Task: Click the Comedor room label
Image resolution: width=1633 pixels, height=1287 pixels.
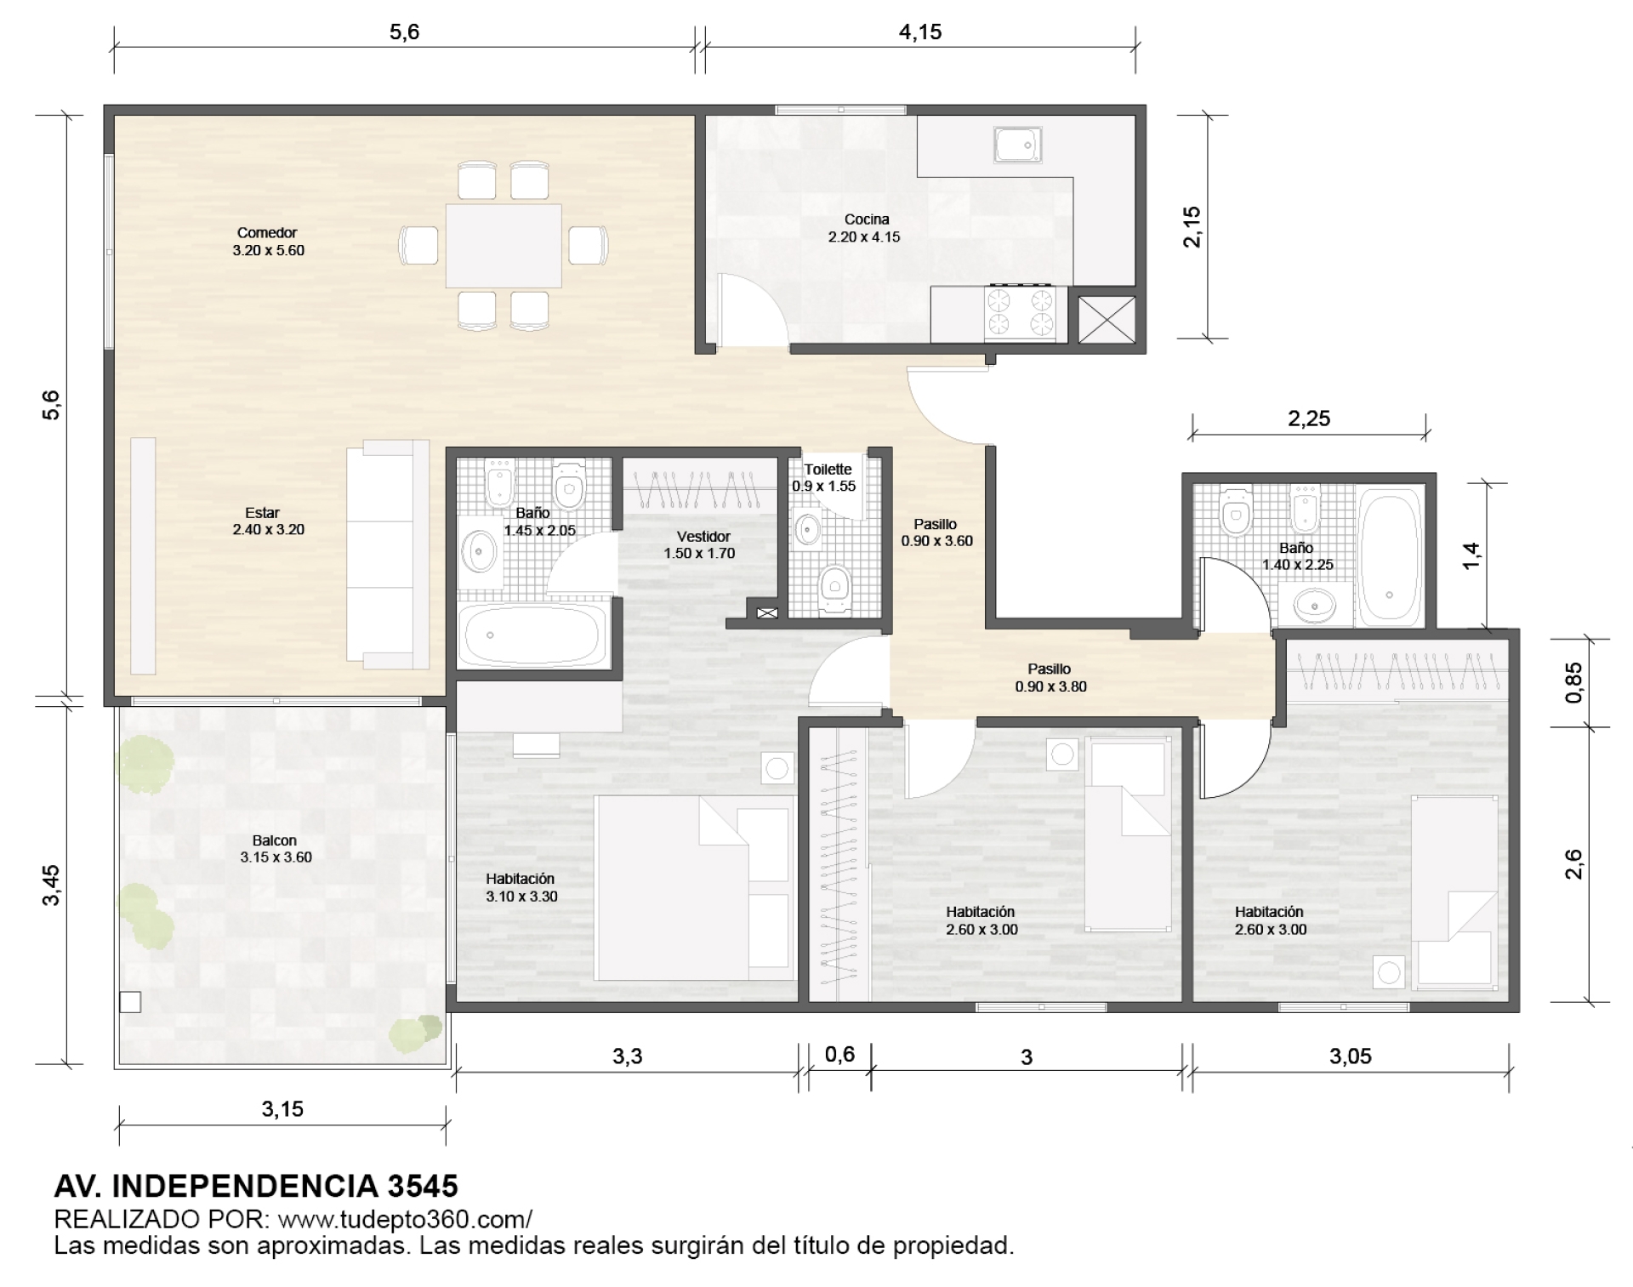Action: pos(268,232)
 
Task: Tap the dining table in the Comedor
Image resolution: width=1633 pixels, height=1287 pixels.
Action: pos(504,246)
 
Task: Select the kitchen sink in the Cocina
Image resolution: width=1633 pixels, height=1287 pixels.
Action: pos(1018,145)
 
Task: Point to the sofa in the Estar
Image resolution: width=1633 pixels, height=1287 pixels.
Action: pos(388,555)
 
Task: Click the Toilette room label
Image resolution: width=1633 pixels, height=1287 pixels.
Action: pos(828,470)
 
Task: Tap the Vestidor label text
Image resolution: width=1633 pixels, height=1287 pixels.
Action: pos(703,537)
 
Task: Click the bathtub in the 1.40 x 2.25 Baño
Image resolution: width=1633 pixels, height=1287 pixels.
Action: pos(1389,556)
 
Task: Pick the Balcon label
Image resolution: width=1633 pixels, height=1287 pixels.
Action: pos(275,840)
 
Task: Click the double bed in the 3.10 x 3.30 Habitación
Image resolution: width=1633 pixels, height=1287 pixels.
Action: pos(694,887)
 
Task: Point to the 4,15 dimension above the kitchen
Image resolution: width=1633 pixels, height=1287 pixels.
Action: pos(920,32)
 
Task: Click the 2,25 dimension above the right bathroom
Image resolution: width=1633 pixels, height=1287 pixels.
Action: pos(1309,419)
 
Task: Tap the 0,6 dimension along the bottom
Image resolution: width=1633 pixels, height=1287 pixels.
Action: pos(839,1055)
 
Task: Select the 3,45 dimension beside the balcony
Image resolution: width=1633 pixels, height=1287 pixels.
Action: pos(51,885)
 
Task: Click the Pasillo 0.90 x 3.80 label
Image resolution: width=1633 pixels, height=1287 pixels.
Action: pos(1050,678)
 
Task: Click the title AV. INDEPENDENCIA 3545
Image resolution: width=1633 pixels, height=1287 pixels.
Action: pos(256,1185)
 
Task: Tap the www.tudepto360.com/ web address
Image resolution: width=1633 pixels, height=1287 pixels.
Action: pos(405,1219)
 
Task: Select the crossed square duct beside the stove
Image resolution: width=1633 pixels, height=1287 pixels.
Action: pos(1107,319)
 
